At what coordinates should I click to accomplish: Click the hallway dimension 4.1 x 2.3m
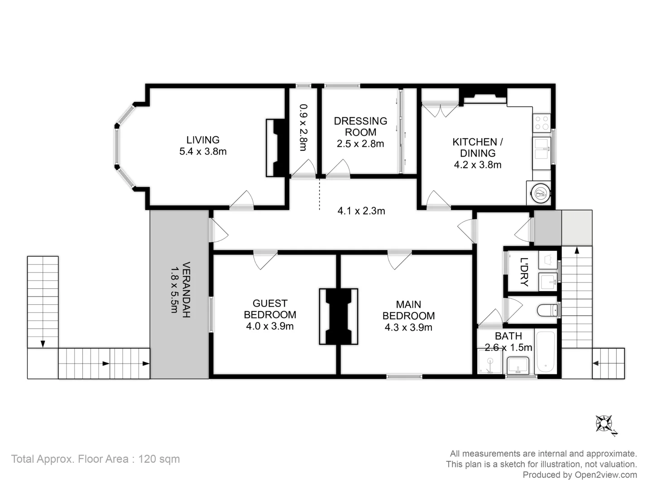(361, 211)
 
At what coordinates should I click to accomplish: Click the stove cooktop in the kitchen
(542, 122)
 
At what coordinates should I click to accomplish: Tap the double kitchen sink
(541, 149)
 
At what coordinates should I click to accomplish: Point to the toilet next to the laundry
(547, 311)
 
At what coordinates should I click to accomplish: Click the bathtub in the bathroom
(546, 352)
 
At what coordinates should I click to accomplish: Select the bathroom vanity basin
(518, 364)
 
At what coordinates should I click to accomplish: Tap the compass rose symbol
(604, 424)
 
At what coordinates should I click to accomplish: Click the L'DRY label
(524, 272)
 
